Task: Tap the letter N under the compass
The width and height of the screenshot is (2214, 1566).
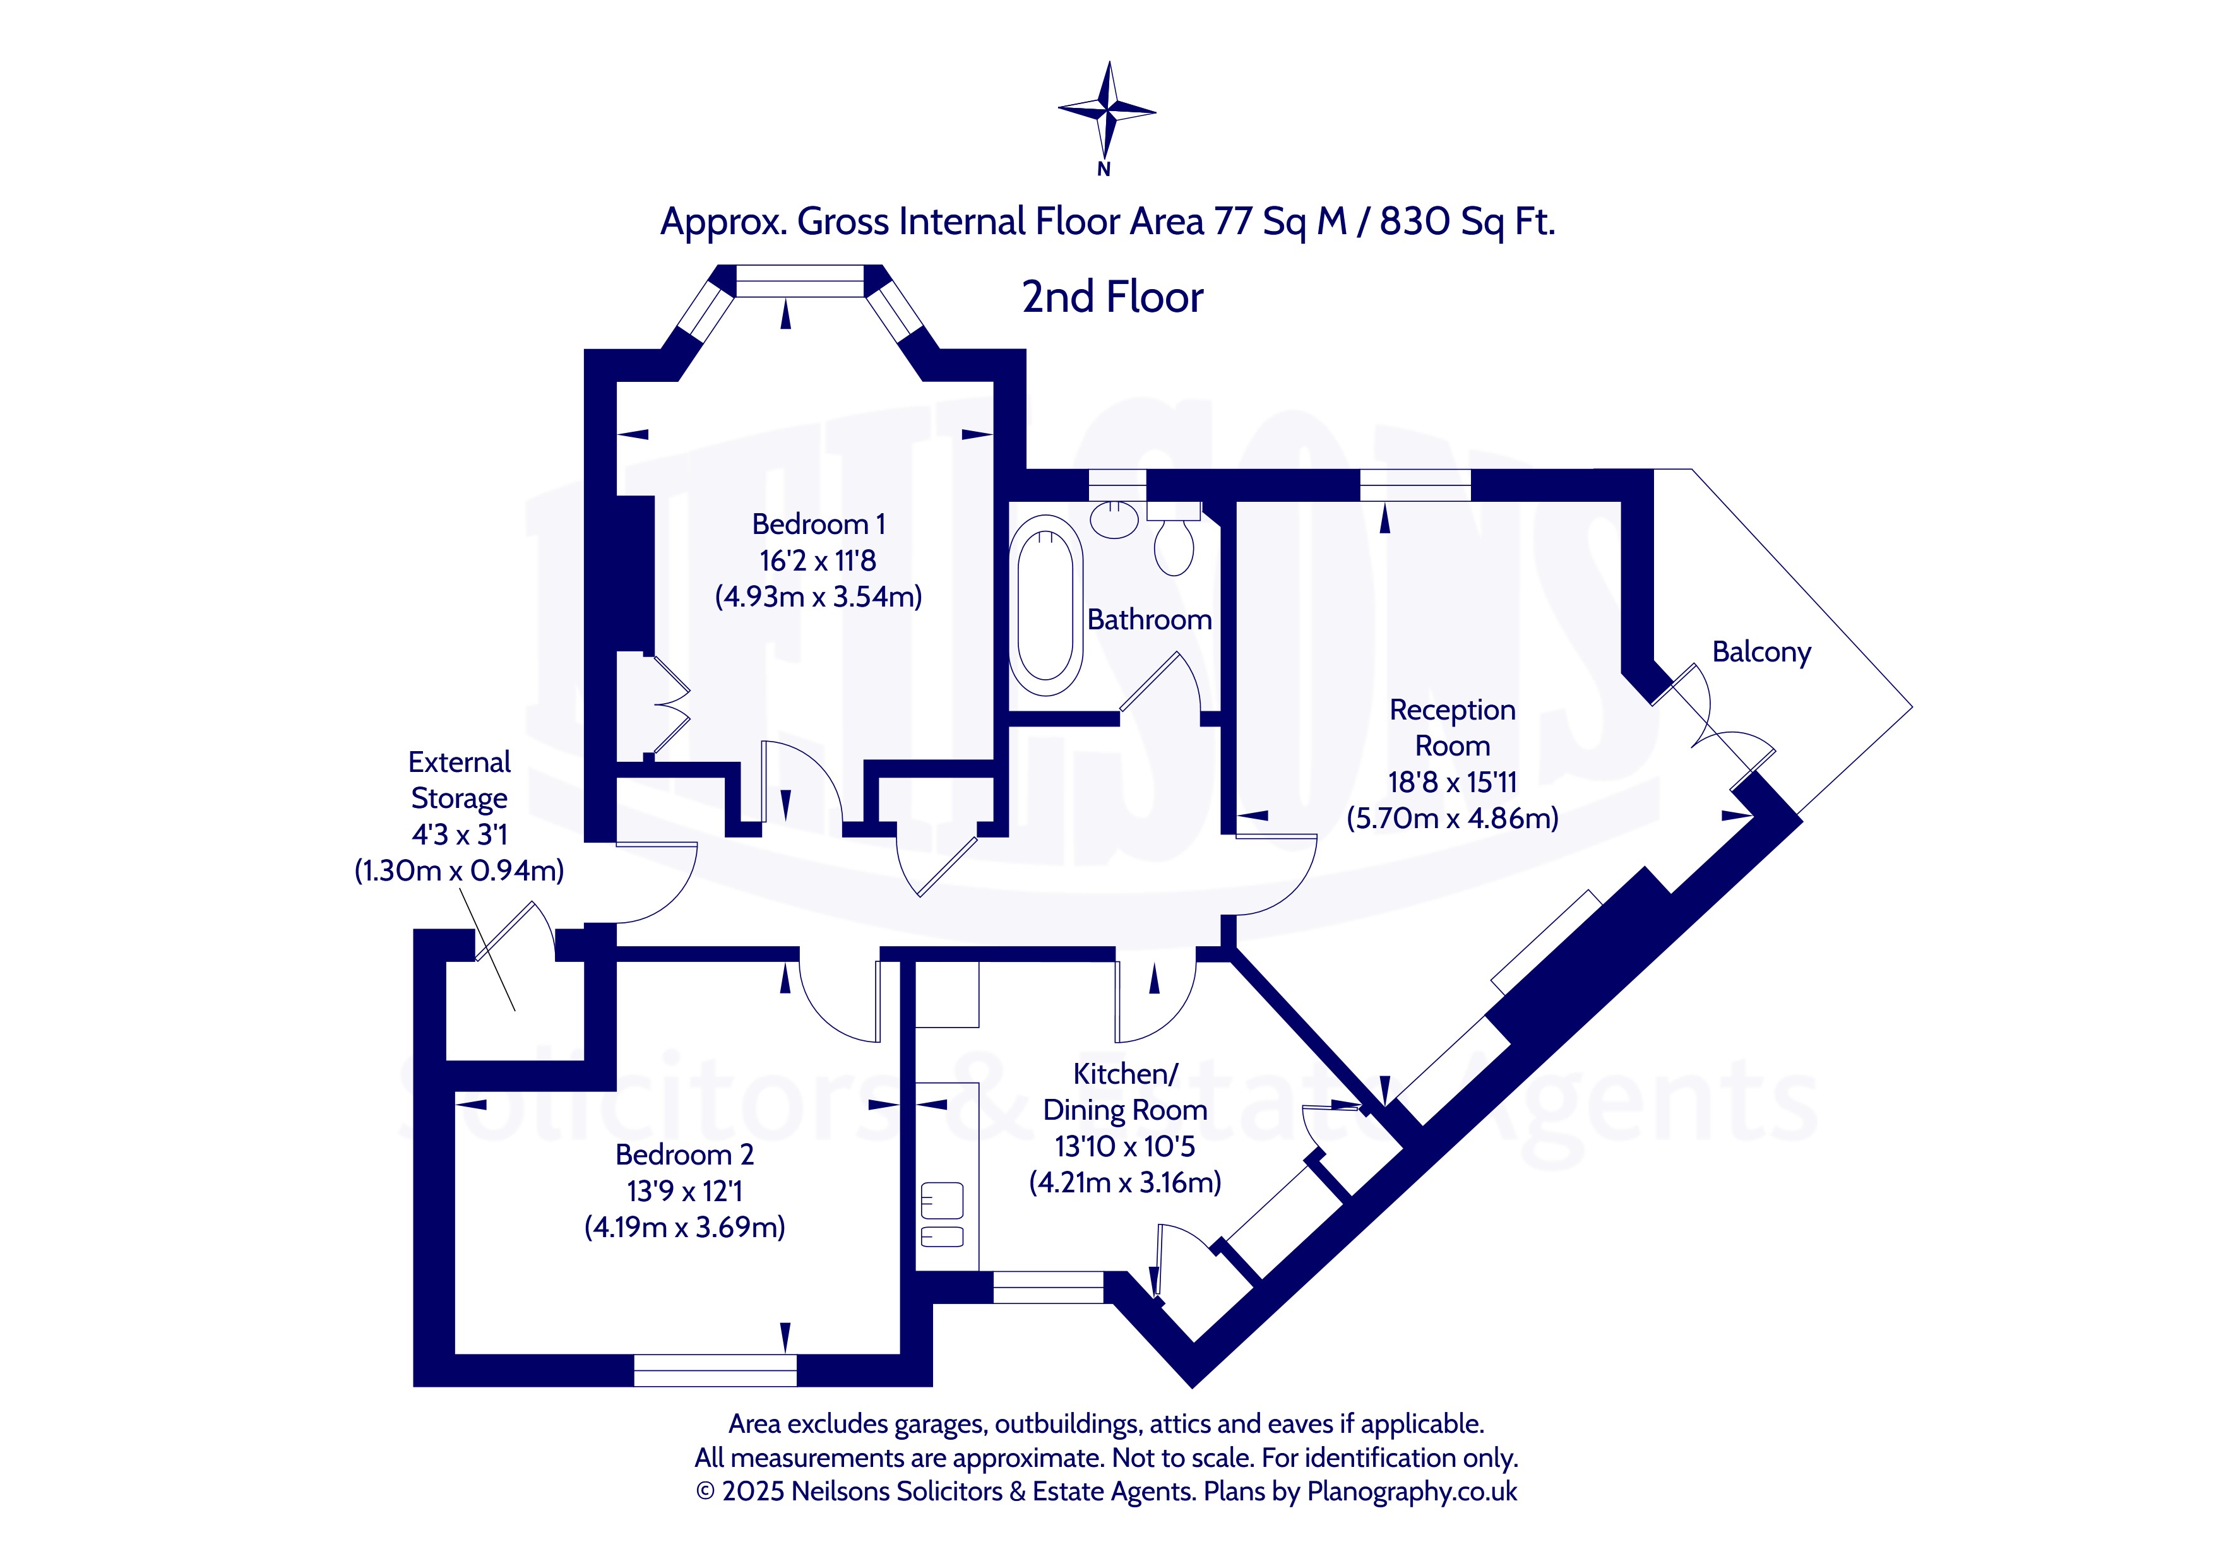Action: (1104, 170)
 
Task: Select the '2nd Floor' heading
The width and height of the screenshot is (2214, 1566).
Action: (1113, 297)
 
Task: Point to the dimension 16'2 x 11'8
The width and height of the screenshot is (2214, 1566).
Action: (818, 561)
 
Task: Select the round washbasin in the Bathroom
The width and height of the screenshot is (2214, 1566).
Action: (1116, 519)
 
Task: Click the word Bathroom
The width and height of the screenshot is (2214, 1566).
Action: (1150, 619)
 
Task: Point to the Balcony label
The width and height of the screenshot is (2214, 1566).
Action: (1762, 652)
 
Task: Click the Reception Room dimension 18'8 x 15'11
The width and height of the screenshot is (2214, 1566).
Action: (1452, 782)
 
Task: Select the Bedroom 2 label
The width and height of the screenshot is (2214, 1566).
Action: (684, 1154)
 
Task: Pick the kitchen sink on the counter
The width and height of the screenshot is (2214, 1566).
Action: (942, 1215)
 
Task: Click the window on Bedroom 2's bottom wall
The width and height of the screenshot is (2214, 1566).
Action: (715, 1370)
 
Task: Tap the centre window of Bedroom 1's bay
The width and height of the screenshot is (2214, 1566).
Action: (800, 281)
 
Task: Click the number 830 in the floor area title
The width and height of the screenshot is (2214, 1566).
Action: (1415, 222)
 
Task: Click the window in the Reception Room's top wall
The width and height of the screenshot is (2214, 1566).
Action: (1415, 485)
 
